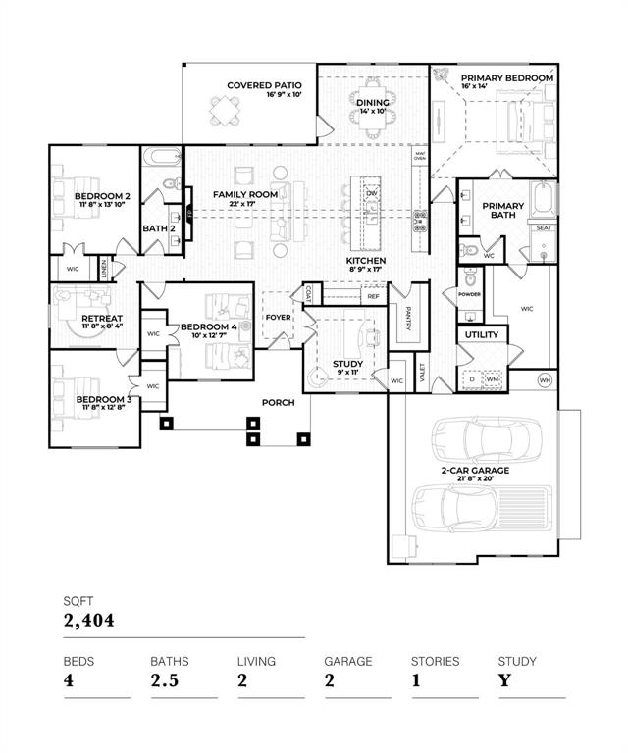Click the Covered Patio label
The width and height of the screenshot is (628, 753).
click(264, 85)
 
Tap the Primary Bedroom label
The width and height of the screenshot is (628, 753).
click(507, 77)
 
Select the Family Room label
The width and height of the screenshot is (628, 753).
click(245, 194)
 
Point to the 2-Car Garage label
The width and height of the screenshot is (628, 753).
click(474, 470)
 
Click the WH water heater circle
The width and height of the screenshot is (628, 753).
click(547, 379)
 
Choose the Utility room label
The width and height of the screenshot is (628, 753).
click(481, 335)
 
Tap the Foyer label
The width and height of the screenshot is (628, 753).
click(278, 317)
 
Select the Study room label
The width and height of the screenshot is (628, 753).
click(347, 364)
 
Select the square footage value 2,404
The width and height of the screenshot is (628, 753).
click(87, 621)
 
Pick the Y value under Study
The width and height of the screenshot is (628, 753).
click(504, 680)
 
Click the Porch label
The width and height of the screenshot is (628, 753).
click(278, 403)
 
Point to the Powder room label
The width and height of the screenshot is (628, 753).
click(469, 292)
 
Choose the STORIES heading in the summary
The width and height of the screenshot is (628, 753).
click(435, 661)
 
